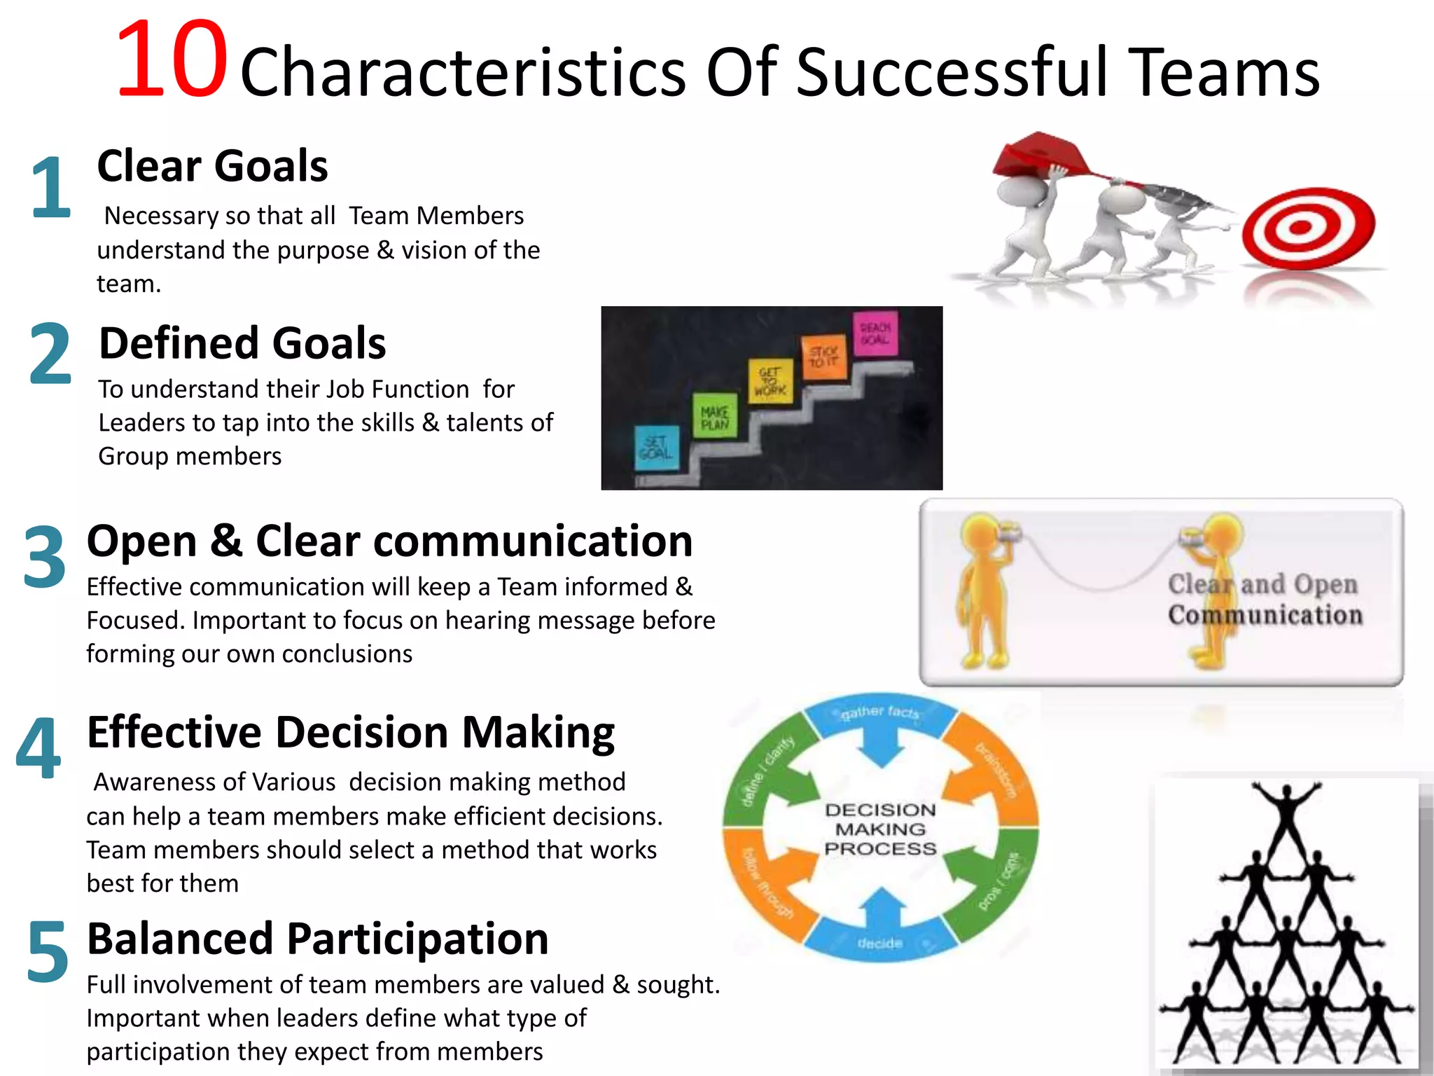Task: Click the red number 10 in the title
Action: (172, 62)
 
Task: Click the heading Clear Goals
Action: (212, 167)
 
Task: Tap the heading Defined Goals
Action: (242, 343)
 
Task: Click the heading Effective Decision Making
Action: (350, 733)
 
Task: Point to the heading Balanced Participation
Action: (317, 939)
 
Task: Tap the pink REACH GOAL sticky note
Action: (875, 333)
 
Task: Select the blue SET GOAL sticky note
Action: (657, 447)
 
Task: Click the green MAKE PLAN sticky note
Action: (715, 417)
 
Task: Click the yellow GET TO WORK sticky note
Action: (770, 382)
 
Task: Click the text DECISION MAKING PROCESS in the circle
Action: (880, 829)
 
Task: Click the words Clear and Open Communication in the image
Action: (1265, 600)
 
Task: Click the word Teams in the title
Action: (1225, 72)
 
